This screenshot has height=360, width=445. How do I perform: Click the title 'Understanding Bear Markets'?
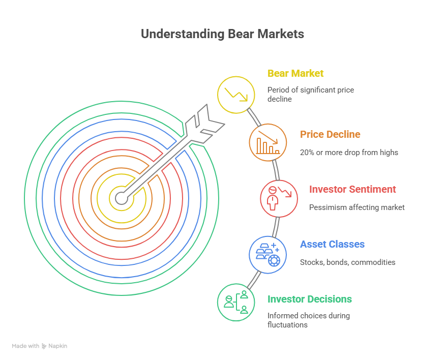[222, 34]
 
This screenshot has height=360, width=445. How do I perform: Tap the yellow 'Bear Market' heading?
[295, 73]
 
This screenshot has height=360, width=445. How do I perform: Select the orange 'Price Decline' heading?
[330, 134]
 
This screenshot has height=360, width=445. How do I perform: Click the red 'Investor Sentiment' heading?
[352, 189]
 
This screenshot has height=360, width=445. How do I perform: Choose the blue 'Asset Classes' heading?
[332, 244]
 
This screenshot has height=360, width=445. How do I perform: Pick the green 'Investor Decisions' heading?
[310, 299]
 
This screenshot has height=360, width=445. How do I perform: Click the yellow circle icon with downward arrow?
[236, 94]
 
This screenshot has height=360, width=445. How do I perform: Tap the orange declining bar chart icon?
[268, 142]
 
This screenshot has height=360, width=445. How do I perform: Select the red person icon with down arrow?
[279, 198]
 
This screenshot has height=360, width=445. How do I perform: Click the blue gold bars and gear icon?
[268, 253]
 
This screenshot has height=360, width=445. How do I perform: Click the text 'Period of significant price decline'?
[311, 94]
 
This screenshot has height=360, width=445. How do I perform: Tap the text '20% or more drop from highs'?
[349, 153]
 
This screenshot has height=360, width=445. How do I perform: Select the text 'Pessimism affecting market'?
[357, 207]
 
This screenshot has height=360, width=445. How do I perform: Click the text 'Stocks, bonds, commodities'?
[348, 262]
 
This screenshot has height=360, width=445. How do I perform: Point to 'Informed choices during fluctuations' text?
[309, 320]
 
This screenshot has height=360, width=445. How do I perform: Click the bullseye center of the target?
[121, 198]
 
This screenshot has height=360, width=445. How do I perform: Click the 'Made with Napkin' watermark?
[39, 346]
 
